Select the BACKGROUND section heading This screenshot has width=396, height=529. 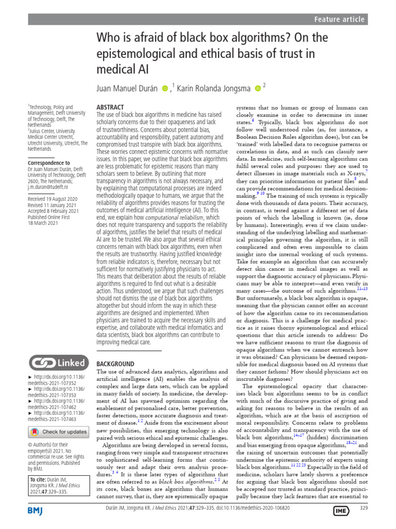115,364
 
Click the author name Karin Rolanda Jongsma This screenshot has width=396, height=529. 214,88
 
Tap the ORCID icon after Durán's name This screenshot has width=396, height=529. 165,89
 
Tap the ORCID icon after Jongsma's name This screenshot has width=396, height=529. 258,89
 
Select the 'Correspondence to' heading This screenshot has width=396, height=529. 49,163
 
